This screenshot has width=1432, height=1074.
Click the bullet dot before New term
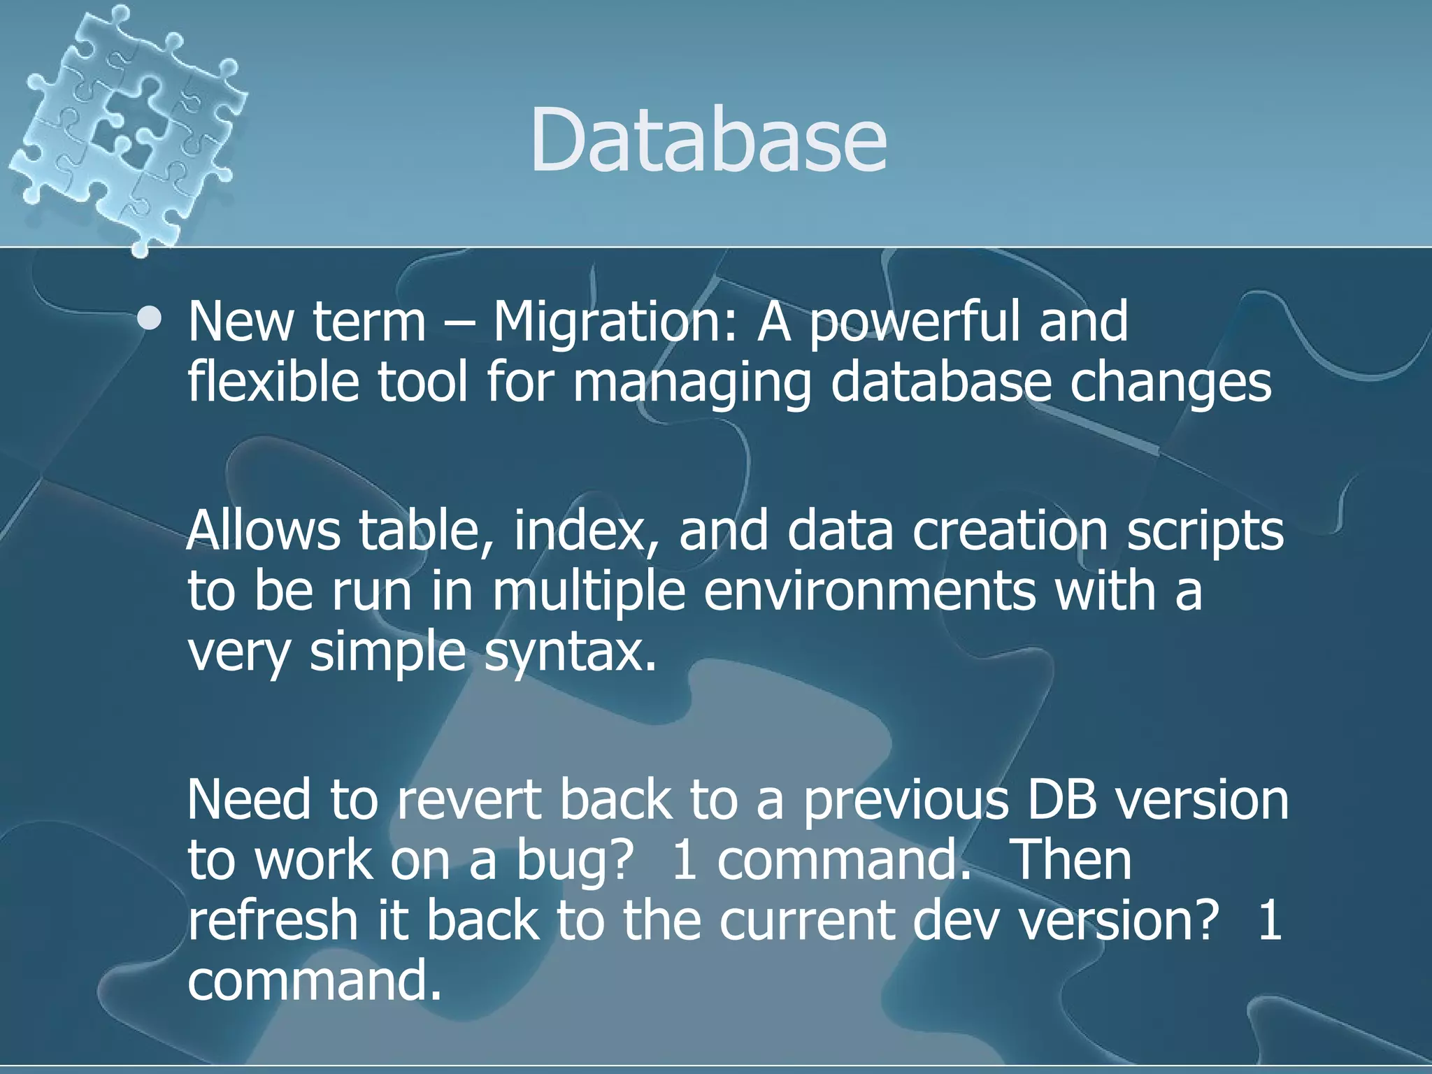pos(150,320)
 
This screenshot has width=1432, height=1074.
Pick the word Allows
pos(264,530)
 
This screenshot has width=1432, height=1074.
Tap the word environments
pos(869,591)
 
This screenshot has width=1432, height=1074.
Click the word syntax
pos(570,652)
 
